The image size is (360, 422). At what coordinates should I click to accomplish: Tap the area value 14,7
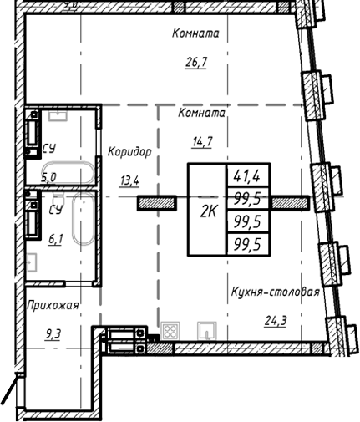coord(202,140)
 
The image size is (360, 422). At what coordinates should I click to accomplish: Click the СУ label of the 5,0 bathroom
coord(48,149)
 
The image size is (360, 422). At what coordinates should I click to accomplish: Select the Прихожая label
coord(52,305)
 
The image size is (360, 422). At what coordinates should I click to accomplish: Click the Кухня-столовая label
coord(276,292)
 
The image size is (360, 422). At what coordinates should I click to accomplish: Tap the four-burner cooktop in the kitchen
coord(170,331)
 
